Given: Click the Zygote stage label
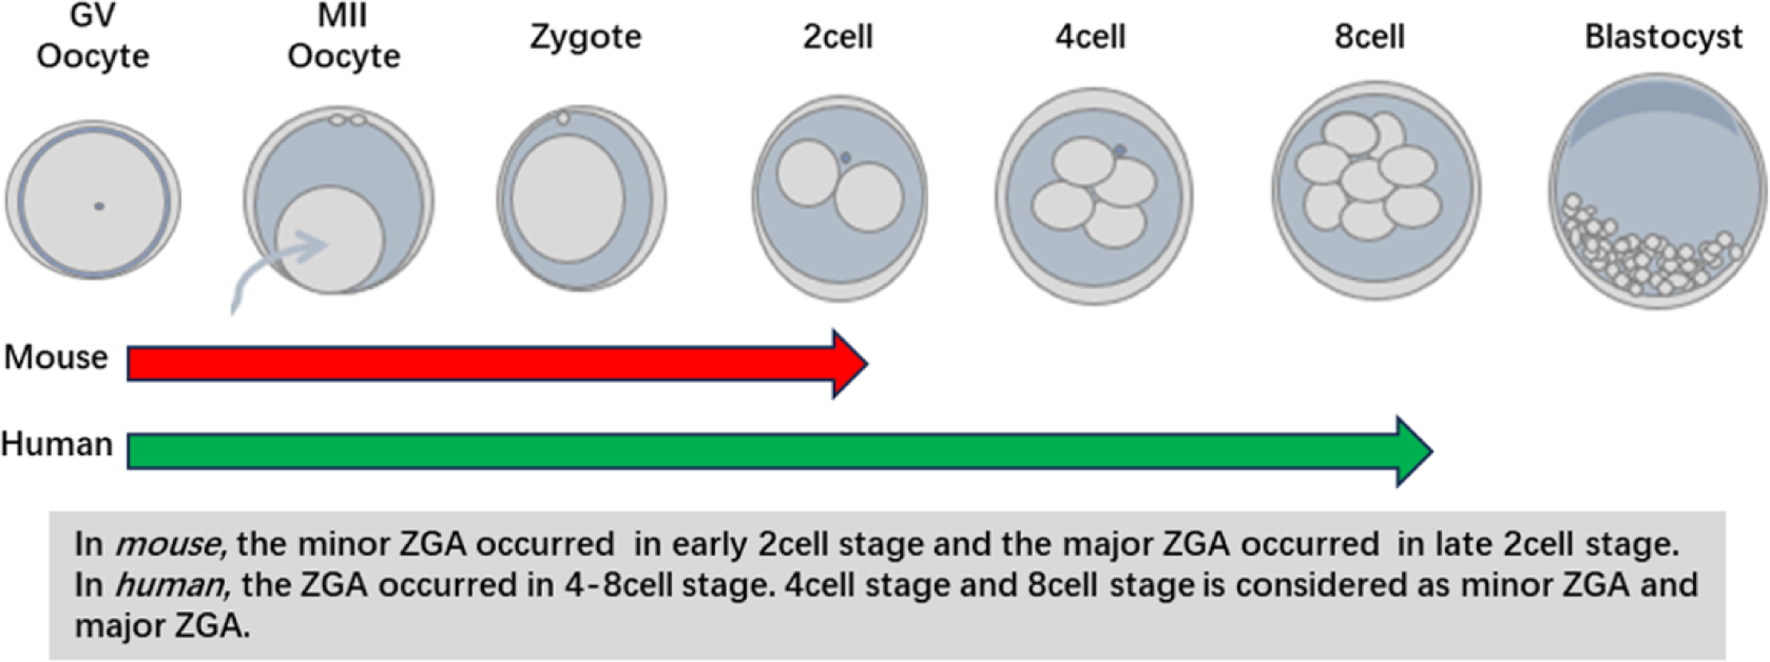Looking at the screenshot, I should pos(585,36).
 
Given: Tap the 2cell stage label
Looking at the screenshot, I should pos(837,36).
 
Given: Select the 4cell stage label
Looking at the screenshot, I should pos(1090,36).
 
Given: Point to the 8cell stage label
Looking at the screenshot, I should pos(1369,36).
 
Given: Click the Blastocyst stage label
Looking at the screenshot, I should pos(1663,36).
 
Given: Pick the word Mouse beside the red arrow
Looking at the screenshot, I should pos(56,358).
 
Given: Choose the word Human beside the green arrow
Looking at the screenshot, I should pos(57,444).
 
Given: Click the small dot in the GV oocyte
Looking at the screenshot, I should pos(100,206).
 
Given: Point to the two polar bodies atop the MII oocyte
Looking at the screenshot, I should pos(347,120).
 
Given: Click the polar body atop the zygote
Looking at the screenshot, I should pos(564,118).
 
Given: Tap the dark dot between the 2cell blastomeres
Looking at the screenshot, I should pos(846,158).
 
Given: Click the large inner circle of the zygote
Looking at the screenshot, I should pos(568,198).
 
